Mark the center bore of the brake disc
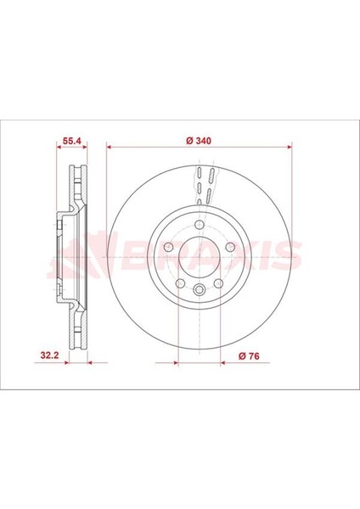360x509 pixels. (198, 257)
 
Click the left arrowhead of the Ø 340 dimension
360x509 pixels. (110, 146)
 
